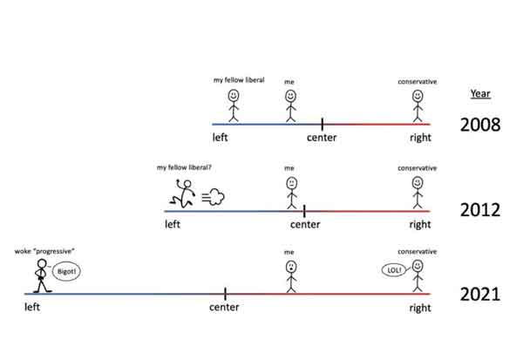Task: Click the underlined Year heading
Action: tap(479, 93)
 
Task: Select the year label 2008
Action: tap(480, 125)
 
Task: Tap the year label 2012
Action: tap(480, 210)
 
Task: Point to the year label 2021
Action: tap(480, 294)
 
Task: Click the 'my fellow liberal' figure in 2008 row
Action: tap(234, 104)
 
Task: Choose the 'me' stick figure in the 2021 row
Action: tap(290, 275)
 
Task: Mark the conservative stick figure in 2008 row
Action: tap(418, 105)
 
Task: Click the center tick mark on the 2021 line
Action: tap(225, 295)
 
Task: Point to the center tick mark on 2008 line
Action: tap(322, 125)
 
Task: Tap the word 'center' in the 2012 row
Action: tap(305, 225)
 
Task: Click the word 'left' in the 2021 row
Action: tap(33, 308)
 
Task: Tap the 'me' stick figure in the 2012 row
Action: tap(290, 192)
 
